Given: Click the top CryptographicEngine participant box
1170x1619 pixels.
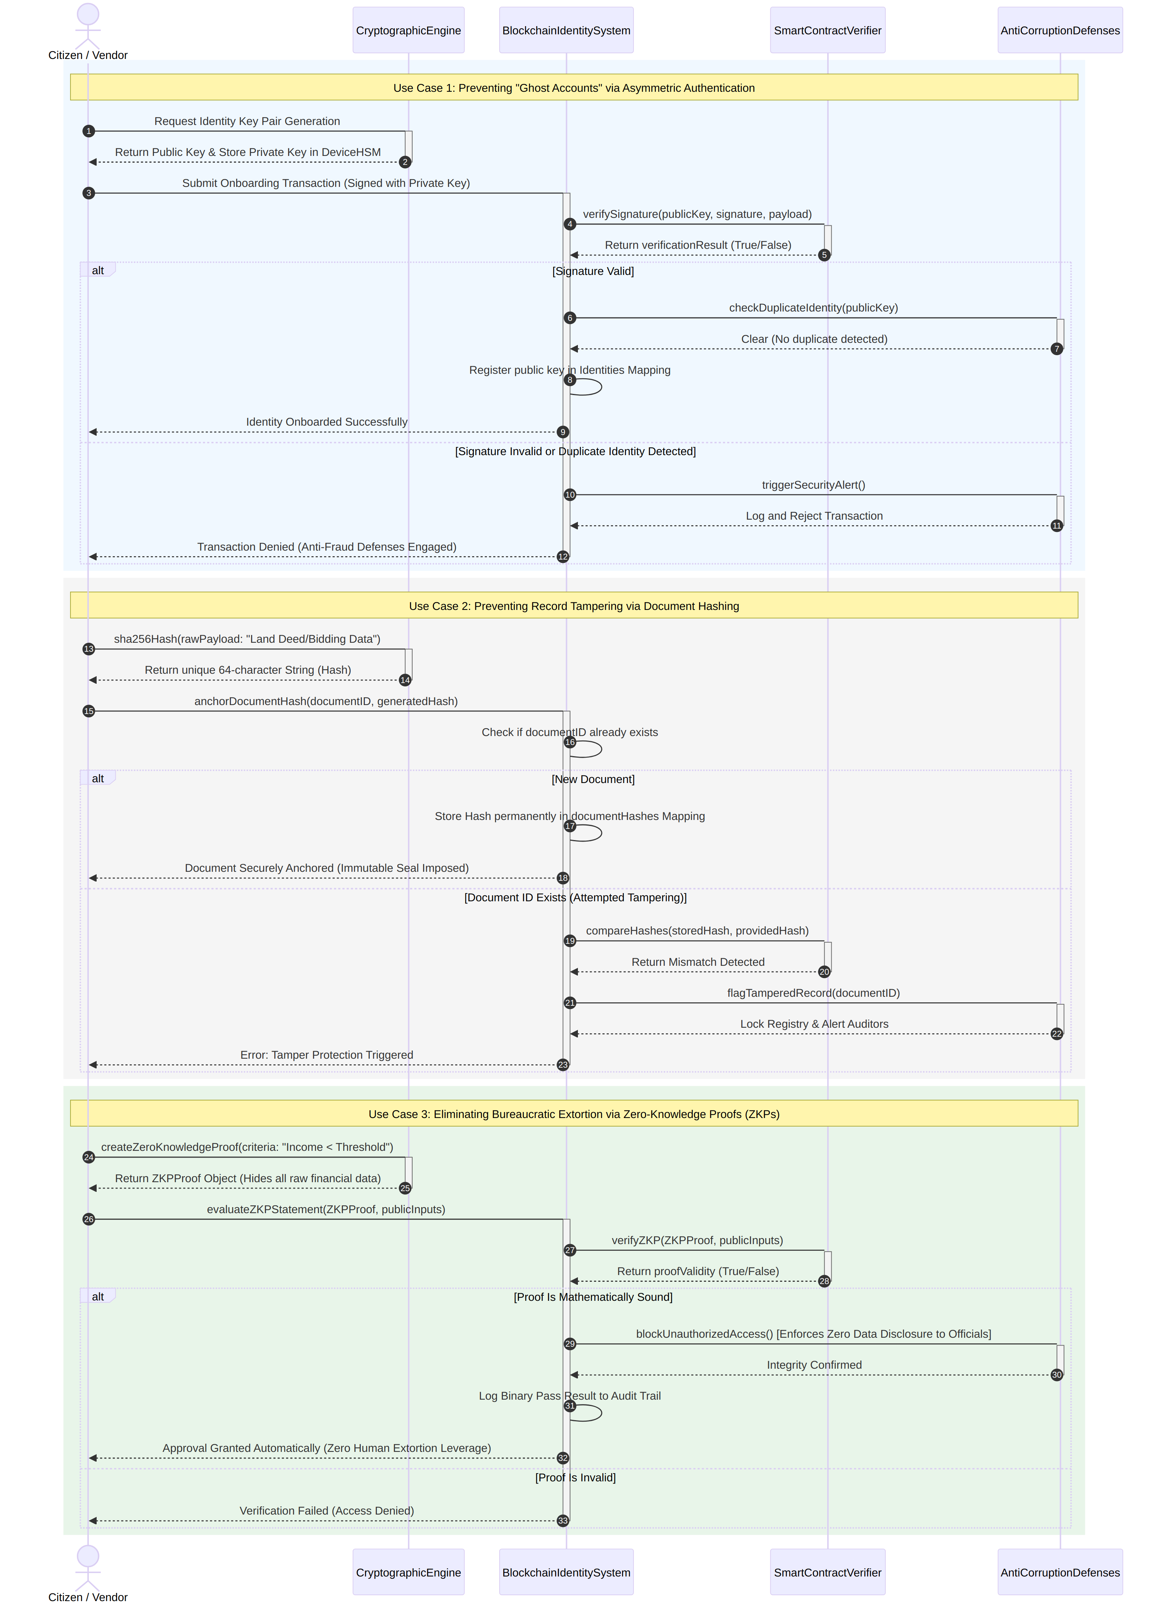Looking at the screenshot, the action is point(408,30).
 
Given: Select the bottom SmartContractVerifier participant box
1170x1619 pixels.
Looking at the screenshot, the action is point(828,1572).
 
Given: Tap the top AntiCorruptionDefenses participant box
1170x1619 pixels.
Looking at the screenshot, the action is point(1060,30).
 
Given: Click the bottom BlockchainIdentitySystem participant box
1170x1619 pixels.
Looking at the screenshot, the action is point(566,1572).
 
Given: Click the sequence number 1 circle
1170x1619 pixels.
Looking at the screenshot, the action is point(88,131).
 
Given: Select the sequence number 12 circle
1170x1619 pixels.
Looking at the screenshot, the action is point(563,557).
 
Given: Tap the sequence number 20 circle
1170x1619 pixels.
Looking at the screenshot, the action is point(824,971).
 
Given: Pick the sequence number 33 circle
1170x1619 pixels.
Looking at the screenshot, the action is point(563,1521).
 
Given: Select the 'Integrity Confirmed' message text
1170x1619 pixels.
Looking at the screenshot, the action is point(814,1364).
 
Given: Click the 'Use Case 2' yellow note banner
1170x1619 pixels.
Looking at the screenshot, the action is point(574,605).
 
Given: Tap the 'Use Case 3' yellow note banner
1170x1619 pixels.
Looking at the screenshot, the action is point(574,1114).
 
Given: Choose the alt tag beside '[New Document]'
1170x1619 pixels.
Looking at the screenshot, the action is point(98,778).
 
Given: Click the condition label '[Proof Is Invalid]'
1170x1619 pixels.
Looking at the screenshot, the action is point(575,1477).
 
